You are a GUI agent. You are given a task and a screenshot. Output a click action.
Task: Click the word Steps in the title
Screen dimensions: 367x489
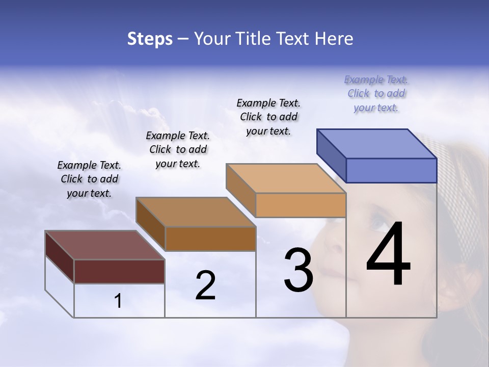click(150, 39)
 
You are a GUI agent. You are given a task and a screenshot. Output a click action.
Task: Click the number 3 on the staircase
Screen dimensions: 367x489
click(298, 271)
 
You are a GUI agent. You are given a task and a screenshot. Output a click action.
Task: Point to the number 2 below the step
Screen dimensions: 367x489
click(205, 286)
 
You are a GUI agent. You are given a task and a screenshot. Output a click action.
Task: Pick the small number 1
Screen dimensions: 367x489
click(118, 301)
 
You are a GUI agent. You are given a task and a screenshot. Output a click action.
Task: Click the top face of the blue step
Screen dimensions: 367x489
click(377, 144)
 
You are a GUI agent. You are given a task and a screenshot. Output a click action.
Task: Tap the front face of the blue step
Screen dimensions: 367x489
click(391, 170)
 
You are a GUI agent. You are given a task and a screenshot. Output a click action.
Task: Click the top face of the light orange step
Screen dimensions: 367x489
click(286, 178)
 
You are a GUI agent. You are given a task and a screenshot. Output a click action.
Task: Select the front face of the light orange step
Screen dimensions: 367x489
click(301, 205)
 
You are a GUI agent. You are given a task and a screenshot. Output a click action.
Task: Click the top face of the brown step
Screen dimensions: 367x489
click(196, 212)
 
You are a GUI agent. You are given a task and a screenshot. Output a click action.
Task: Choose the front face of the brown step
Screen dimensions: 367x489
click(210, 239)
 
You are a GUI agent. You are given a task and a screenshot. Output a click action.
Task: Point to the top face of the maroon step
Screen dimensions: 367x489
click(104, 245)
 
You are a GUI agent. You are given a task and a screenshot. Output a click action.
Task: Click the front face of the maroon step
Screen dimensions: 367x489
click(119, 271)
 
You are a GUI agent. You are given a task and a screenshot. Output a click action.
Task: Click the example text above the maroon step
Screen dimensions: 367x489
click(89, 179)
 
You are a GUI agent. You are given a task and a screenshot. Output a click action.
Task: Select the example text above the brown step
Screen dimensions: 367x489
click(178, 150)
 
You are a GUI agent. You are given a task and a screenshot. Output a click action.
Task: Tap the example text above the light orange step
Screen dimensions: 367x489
click(268, 117)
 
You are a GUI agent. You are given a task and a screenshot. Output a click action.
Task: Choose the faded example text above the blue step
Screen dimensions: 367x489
click(376, 94)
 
